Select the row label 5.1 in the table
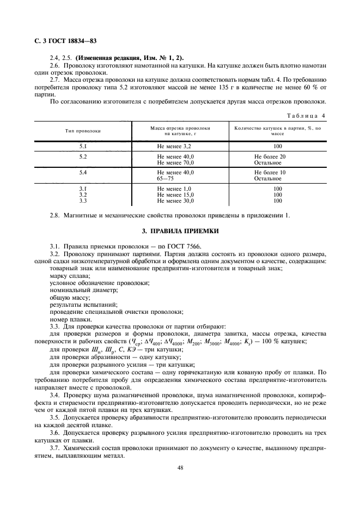click(83, 147)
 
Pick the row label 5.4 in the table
click(83, 173)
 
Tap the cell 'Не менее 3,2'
click(174, 147)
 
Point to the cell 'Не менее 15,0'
click(175, 195)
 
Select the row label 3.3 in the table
click(83, 200)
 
